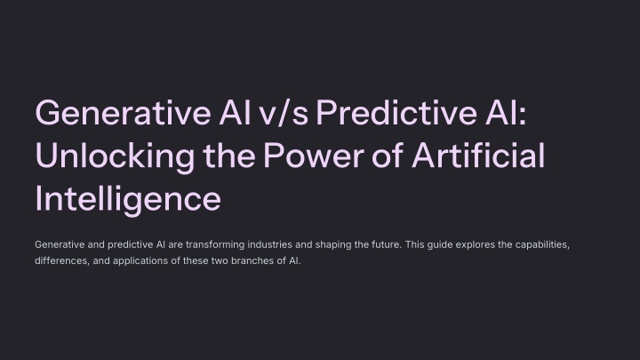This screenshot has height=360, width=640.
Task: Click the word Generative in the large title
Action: (x=124, y=113)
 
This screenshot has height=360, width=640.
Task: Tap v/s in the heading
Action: (x=284, y=113)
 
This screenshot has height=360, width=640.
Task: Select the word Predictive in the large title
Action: (x=396, y=113)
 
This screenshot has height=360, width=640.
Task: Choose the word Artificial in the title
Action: (x=478, y=155)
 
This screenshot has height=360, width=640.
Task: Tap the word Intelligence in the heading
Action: (x=128, y=200)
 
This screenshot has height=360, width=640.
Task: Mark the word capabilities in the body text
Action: (x=542, y=245)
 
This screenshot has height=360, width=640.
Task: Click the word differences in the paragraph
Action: (x=61, y=260)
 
